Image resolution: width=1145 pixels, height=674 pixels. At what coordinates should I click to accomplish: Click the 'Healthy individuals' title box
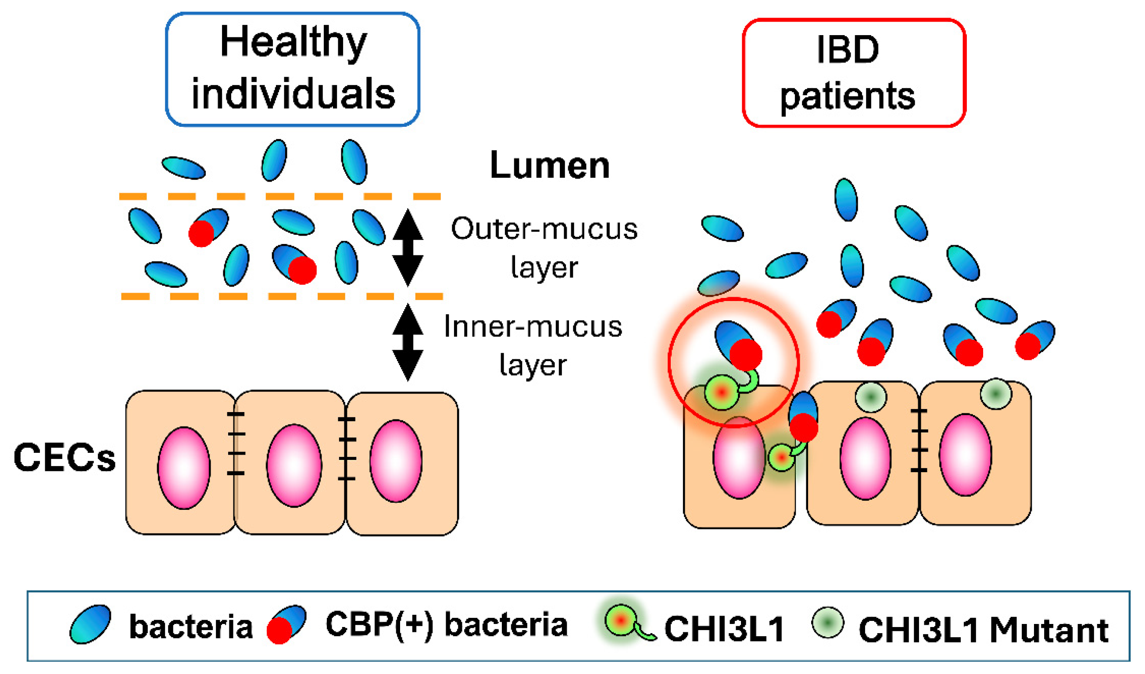(x=292, y=69)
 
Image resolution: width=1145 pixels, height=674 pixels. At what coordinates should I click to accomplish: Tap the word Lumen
(x=549, y=165)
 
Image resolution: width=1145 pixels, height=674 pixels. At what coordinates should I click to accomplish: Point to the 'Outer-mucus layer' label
(x=544, y=247)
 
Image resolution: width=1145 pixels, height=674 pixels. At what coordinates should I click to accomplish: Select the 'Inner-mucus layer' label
(x=533, y=345)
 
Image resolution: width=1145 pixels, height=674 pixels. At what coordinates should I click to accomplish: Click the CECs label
(x=64, y=458)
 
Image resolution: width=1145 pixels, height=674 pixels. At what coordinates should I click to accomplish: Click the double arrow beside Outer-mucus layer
(x=408, y=247)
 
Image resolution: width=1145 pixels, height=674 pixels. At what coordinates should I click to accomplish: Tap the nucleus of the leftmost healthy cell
(x=183, y=468)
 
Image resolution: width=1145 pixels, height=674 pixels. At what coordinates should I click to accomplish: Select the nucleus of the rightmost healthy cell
(x=395, y=461)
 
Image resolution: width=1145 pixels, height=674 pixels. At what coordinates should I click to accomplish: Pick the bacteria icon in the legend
(x=90, y=624)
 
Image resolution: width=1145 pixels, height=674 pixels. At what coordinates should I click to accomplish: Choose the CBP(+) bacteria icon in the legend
(x=286, y=624)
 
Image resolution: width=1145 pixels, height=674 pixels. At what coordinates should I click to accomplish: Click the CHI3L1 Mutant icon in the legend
(x=827, y=622)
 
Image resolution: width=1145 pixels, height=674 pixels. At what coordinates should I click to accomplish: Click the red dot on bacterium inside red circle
(x=746, y=354)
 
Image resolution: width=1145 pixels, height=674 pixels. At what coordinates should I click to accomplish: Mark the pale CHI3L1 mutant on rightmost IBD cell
(x=995, y=394)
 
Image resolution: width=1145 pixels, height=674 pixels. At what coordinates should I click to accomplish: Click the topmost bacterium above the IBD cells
(x=846, y=200)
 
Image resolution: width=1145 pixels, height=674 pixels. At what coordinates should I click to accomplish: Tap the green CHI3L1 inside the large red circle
(x=722, y=392)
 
